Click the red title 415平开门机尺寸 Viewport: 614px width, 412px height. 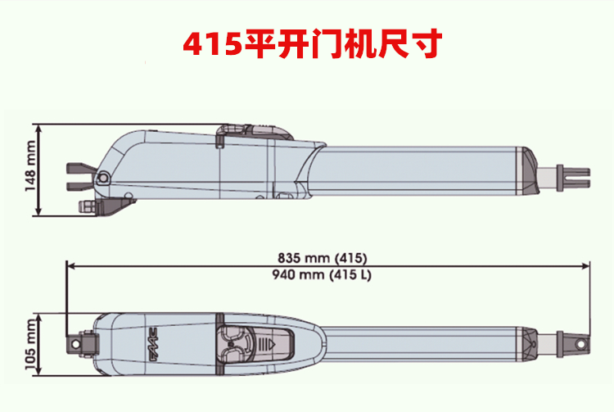312,43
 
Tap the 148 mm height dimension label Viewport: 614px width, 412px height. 29,166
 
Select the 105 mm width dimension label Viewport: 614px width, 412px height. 30,344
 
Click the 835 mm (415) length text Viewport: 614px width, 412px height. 323,258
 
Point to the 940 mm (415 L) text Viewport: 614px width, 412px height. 322,274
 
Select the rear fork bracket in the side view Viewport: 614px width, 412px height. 80,177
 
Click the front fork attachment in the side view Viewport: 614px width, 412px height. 573,178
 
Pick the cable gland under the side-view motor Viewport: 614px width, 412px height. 86,206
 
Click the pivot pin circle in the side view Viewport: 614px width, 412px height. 103,178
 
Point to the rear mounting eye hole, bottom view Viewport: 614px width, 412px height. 74,344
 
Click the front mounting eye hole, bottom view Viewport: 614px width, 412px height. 581,345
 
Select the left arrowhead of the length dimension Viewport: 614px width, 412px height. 70,266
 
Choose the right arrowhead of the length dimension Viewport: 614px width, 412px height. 586,266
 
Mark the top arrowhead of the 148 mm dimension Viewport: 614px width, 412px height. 38,129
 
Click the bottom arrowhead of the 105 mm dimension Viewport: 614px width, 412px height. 38,371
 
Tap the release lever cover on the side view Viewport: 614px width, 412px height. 255,133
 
